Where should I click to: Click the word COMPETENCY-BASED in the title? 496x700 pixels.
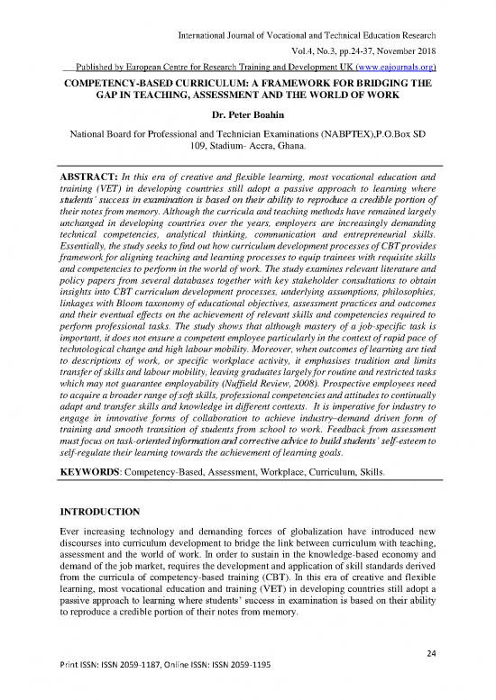(x=117, y=81)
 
